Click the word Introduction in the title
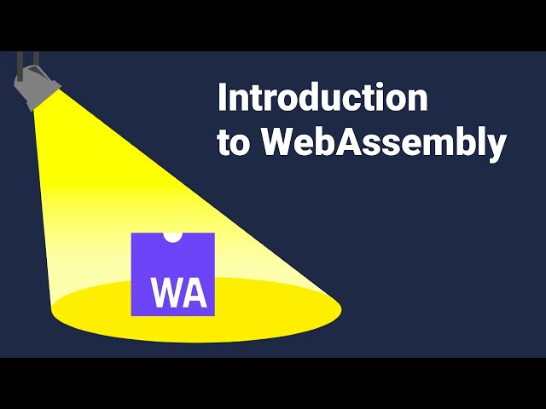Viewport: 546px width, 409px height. coord(322,97)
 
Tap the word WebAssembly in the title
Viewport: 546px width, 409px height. coord(384,143)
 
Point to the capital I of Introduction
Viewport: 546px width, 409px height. coord(221,97)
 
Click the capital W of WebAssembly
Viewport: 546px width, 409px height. coord(279,141)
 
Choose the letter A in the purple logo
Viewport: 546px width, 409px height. coord(195,292)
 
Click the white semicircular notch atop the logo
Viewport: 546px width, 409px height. coord(172,237)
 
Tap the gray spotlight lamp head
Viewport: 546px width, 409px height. coord(37,87)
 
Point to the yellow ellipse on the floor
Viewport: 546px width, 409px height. coord(197,310)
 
